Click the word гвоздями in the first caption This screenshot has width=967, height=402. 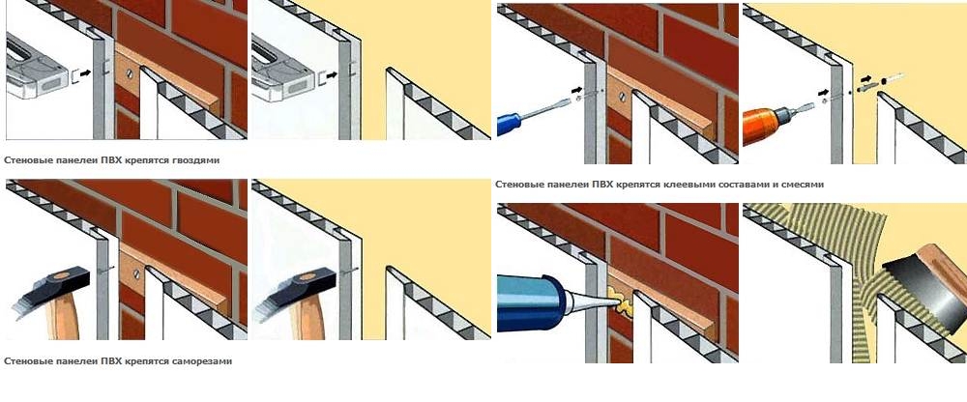196,160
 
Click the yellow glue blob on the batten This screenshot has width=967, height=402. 619,300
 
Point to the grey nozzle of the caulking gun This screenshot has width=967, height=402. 586,301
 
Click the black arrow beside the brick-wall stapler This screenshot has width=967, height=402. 85,73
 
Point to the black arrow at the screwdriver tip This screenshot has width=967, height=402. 577,91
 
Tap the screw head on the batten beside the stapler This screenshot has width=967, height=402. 130,73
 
